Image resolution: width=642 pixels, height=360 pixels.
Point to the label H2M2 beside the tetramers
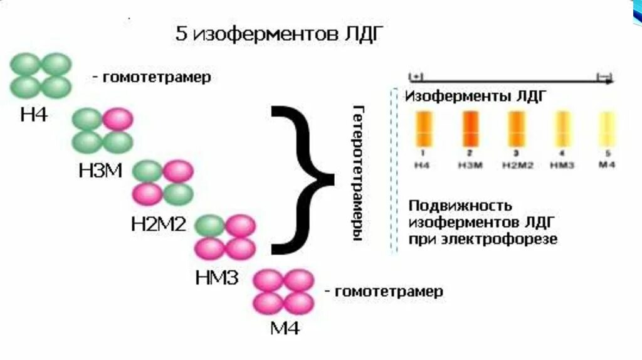(x=158, y=225)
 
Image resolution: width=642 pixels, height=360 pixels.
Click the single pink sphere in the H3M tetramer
(x=117, y=119)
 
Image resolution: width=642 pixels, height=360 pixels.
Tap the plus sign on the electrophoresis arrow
(x=415, y=77)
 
